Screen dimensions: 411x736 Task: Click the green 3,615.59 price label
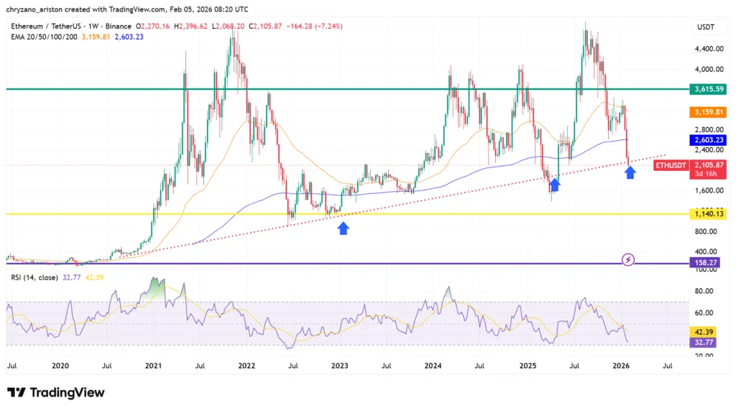pos(707,90)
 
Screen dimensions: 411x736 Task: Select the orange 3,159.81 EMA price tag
pos(707,113)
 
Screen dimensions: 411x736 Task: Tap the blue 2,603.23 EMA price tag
pos(707,141)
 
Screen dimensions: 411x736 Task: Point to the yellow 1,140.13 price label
pos(707,214)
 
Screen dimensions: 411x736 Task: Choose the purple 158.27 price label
pos(707,263)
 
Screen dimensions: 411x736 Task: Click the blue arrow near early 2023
pos(344,228)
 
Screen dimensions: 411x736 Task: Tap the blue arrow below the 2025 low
pos(554,185)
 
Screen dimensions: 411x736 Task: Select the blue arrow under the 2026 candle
pos(630,172)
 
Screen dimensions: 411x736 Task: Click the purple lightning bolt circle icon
pos(628,259)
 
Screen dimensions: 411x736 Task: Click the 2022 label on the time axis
pos(247,366)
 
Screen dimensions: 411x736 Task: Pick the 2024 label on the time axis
pos(432,366)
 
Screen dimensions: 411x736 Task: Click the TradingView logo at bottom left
pos(56,392)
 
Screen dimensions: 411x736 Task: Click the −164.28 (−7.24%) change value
pos(313,26)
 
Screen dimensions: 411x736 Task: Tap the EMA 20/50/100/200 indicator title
pos(43,37)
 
